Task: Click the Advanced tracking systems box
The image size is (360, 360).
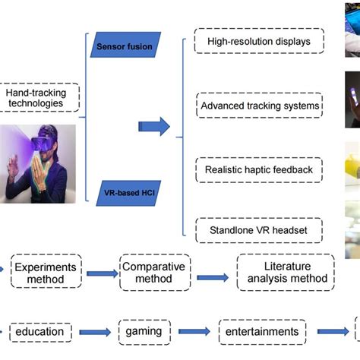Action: [259, 105]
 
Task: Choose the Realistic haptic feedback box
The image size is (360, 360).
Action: [259, 169]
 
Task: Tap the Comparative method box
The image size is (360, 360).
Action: [155, 273]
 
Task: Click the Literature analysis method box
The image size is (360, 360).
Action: [287, 273]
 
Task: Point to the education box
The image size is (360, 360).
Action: [41, 332]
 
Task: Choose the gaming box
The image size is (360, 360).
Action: [144, 332]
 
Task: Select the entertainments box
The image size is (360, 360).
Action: [262, 332]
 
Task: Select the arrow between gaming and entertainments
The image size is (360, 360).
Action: [194, 332]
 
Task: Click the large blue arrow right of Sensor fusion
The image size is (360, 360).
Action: [154, 127]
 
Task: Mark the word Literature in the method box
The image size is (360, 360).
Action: [287, 265]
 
